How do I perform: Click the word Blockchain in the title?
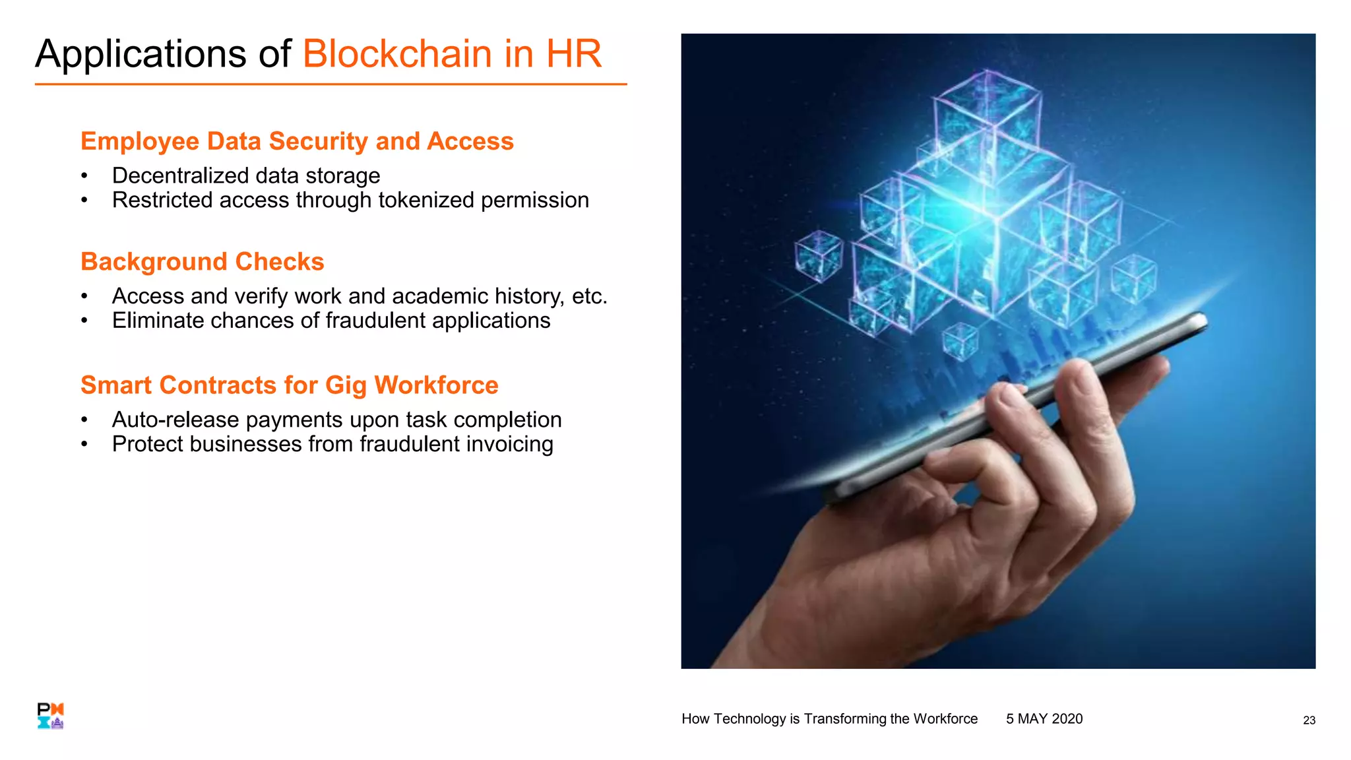tap(397, 53)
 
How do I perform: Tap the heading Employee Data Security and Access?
tap(297, 141)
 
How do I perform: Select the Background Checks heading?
tap(202, 262)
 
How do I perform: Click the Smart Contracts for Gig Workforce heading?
tap(289, 385)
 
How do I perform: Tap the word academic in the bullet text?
tap(440, 296)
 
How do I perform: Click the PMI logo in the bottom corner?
tap(50, 716)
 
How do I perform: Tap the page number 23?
tap(1309, 720)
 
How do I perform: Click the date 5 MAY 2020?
tap(1044, 719)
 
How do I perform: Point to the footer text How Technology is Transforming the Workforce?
tap(829, 719)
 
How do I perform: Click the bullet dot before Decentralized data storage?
tap(84, 176)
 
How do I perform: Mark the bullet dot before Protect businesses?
tap(84, 445)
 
